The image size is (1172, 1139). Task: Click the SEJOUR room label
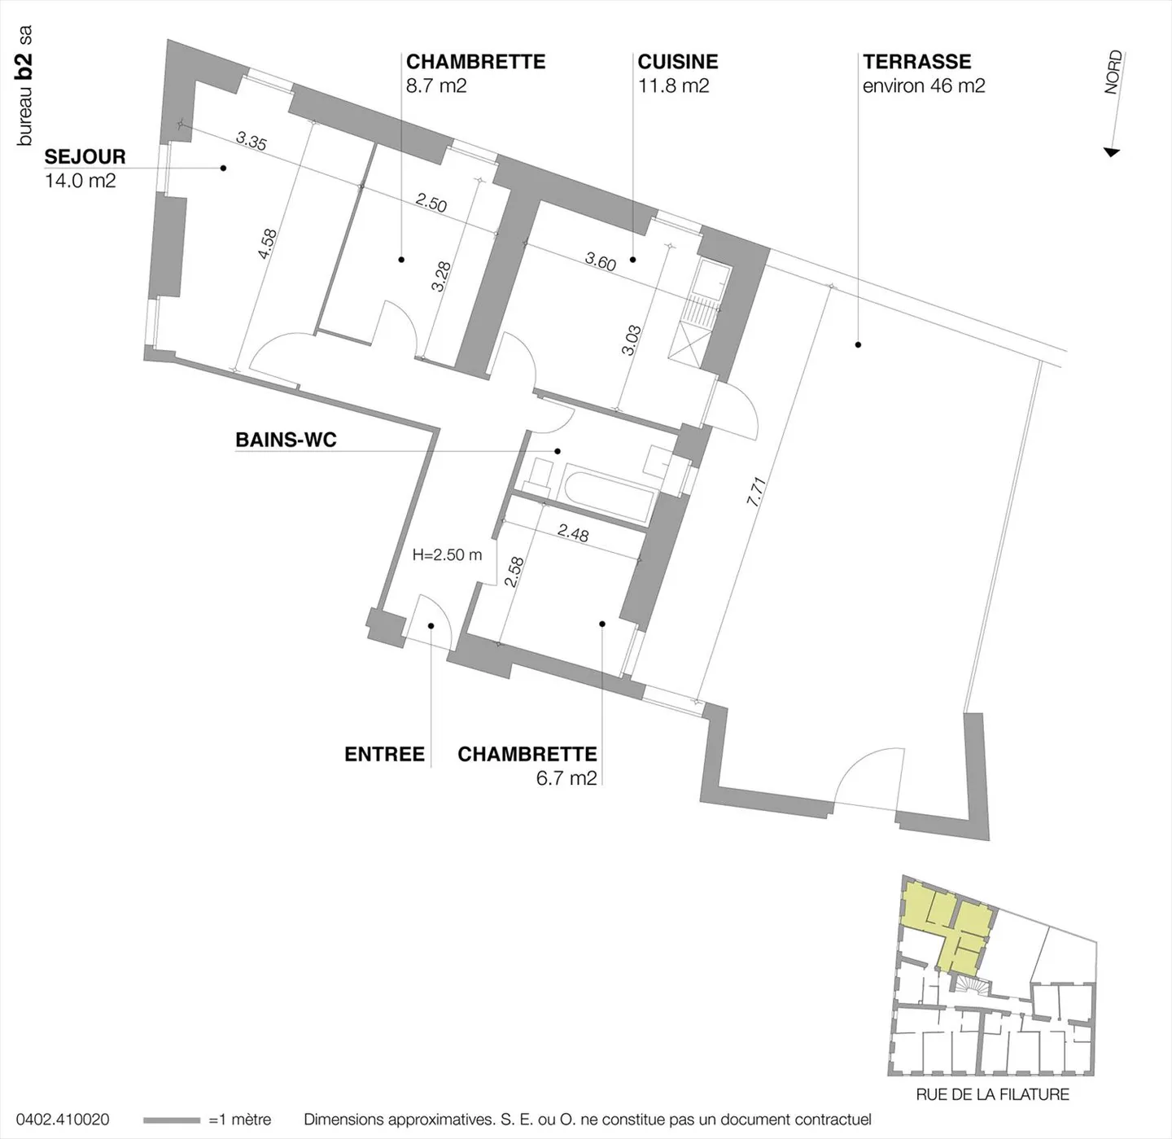coord(85,156)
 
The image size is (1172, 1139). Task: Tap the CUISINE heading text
coord(677,61)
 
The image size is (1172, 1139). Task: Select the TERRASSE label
coord(916,61)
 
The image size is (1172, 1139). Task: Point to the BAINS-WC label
coord(286,440)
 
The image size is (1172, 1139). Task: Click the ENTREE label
coord(384,754)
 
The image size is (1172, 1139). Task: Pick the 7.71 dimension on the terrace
coord(756,492)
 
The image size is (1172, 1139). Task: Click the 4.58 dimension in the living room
coord(267,244)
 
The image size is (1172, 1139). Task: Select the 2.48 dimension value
coord(573,532)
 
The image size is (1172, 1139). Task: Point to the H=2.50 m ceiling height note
coord(447,554)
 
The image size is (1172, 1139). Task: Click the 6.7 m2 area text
coord(566,778)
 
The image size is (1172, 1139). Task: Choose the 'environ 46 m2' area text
coord(924,85)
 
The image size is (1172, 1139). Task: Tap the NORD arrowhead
coord(1111,152)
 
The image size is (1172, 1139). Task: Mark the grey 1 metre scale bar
coord(172,1120)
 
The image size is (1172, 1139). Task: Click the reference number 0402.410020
coord(63,1119)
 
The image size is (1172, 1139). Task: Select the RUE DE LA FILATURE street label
coord(992,1094)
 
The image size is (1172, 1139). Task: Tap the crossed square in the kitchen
coord(687,344)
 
